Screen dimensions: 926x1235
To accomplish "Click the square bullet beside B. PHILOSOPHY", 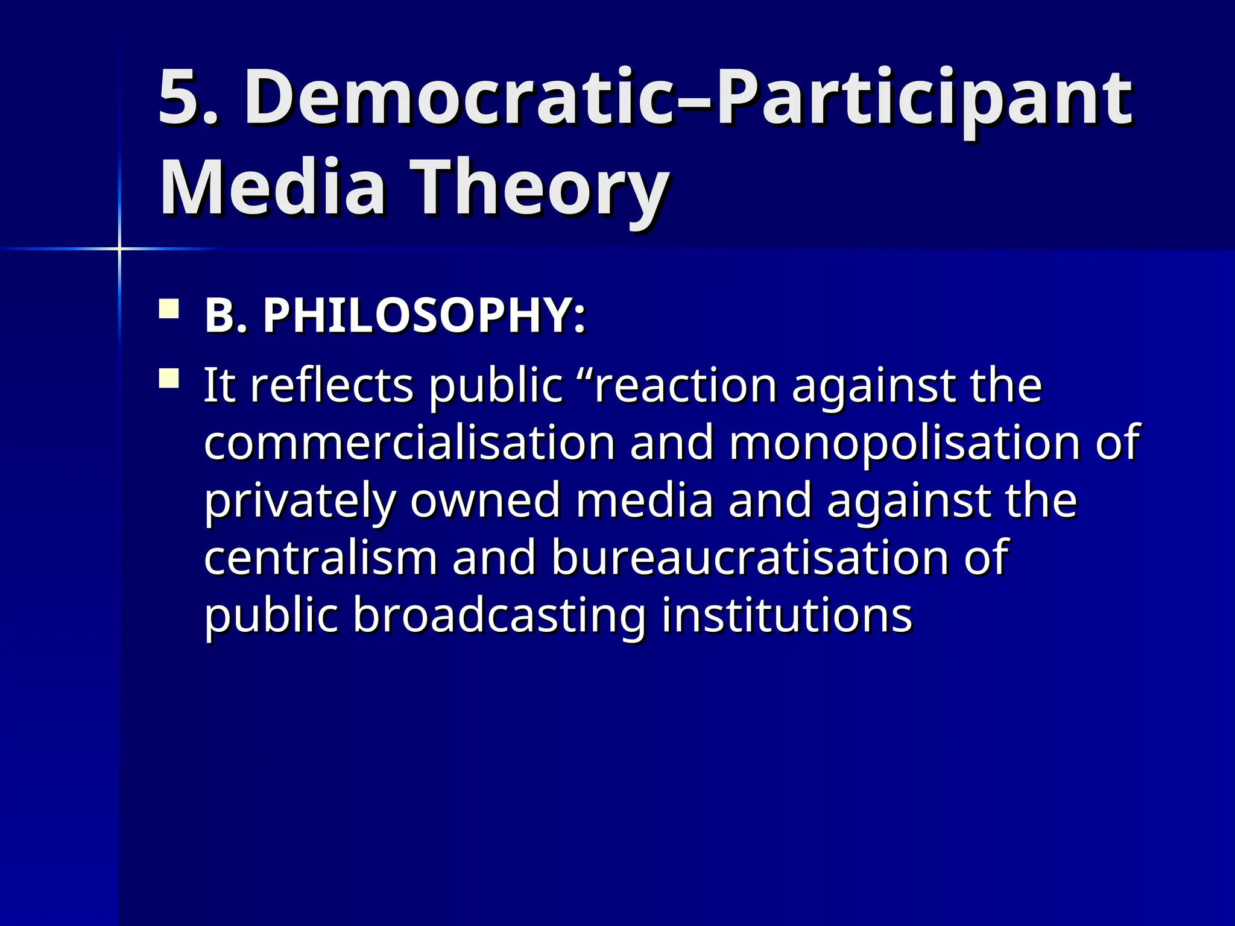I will point(169,310).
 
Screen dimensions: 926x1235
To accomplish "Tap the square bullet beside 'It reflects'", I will point(169,379).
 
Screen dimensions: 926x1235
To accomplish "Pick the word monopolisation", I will point(905,443).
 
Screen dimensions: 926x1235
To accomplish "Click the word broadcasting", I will point(499,616).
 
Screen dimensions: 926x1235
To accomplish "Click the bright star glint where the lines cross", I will point(119,248).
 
